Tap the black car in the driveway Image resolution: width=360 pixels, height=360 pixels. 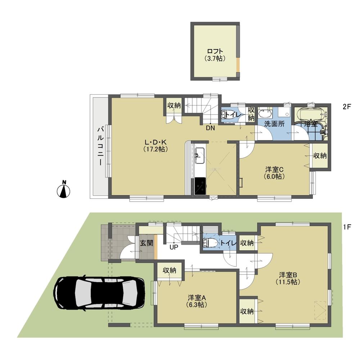pos(99,293)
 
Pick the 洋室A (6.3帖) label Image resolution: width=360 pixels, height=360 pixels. pos(196,301)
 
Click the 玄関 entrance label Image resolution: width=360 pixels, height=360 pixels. pos(146,243)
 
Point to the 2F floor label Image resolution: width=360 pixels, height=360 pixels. pos(347,107)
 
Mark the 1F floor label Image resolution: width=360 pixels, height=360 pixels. pos(347,227)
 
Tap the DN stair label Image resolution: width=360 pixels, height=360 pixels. pos(210,127)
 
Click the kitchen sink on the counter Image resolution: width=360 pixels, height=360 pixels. pos(199,156)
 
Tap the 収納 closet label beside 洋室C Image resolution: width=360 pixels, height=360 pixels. pos(319,156)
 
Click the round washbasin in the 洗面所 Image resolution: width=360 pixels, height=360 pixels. pos(265,114)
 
